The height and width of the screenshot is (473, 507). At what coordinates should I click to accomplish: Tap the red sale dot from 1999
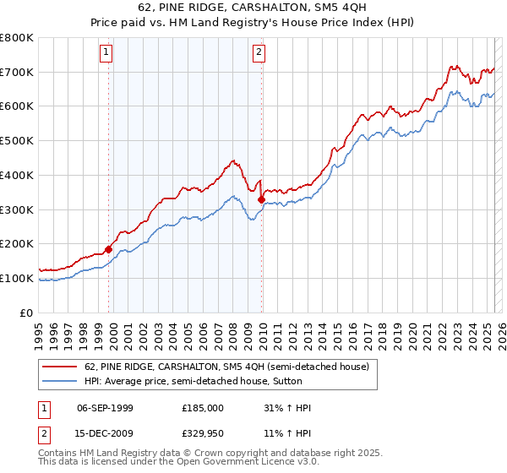(109, 249)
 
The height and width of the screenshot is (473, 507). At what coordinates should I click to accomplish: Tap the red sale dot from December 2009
(261, 199)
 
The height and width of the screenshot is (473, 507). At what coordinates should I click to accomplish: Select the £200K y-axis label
(17, 243)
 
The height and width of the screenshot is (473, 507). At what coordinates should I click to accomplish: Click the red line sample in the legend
(60, 367)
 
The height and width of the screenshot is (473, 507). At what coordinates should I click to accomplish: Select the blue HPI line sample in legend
(60, 381)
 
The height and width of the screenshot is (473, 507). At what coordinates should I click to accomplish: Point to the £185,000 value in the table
(203, 408)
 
